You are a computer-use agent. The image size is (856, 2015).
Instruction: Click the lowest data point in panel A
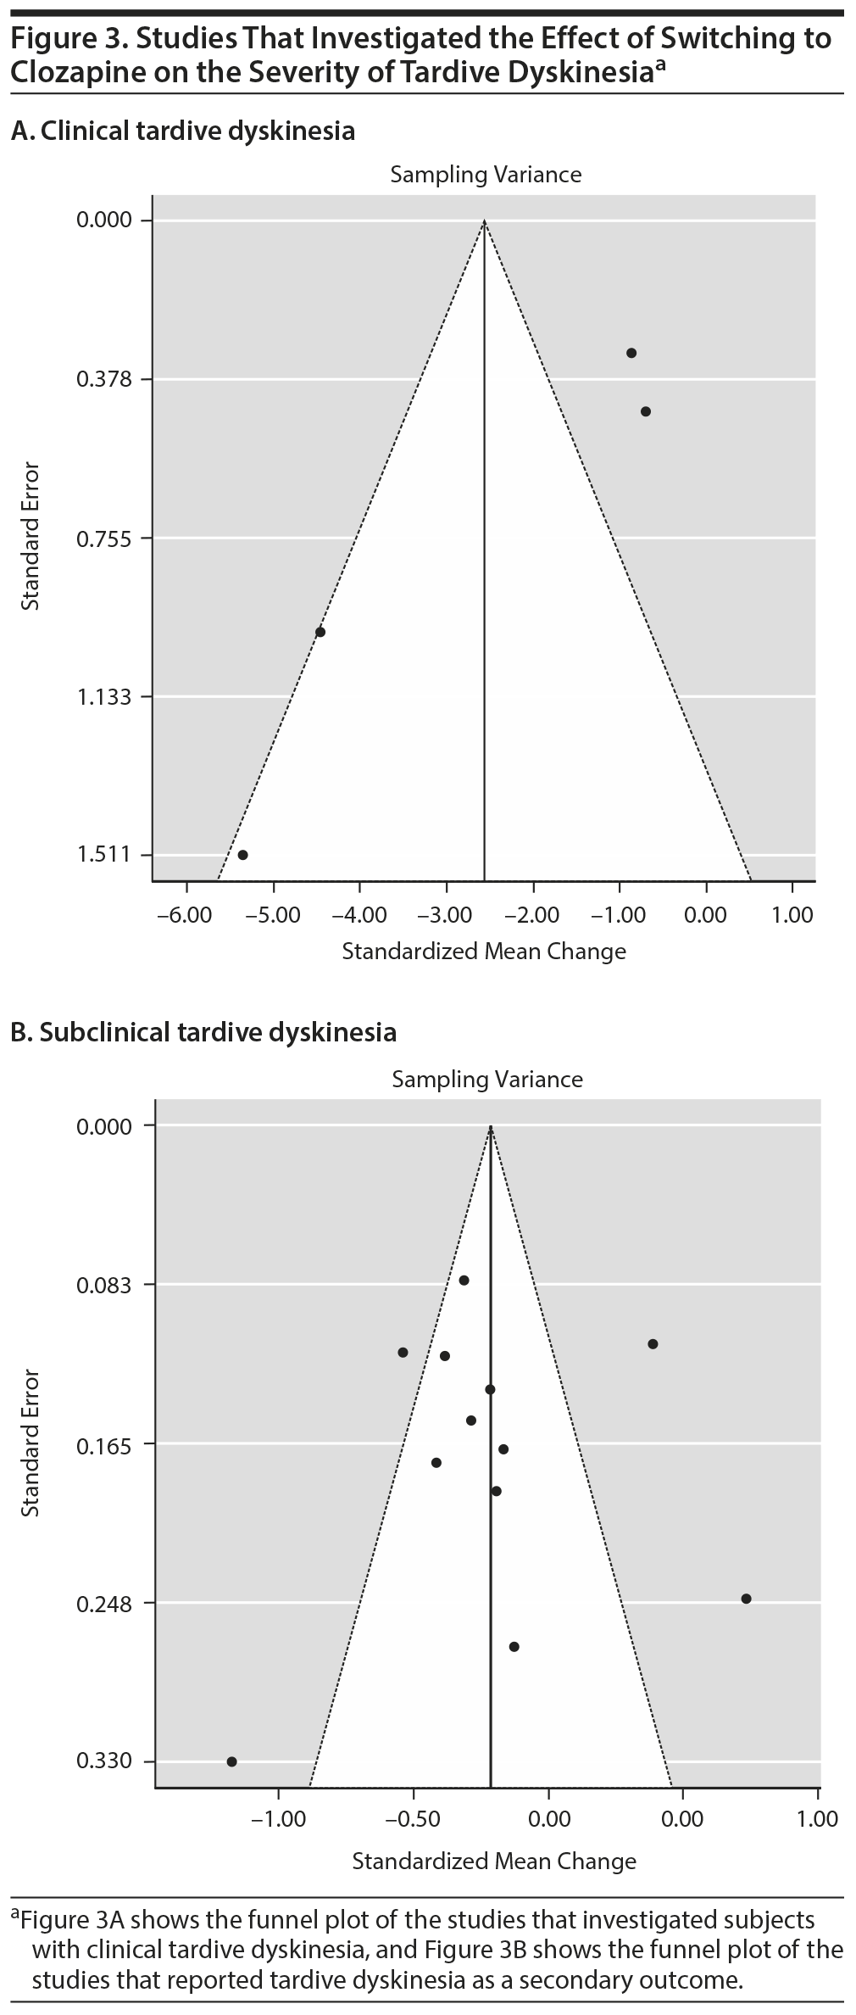point(242,855)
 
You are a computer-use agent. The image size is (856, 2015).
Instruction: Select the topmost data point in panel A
point(631,353)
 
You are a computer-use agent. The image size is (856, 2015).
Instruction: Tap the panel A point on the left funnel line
point(320,632)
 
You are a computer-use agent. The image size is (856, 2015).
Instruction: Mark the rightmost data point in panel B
point(746,1599)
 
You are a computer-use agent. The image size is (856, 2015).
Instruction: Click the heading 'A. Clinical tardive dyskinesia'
point(182,131)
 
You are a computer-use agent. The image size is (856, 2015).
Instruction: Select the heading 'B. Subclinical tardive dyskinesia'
point(203,1032)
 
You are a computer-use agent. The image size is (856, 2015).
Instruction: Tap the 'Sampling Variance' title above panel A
point(486,175)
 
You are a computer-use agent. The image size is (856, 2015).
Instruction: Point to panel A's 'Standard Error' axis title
point(31,536)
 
